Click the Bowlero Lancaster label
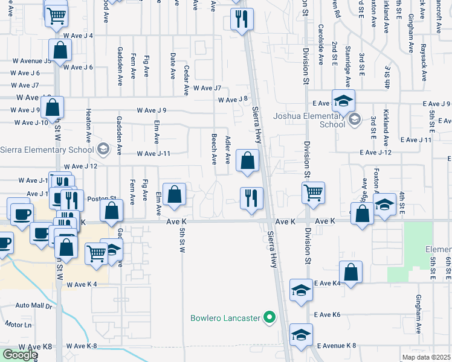[225, 317]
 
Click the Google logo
[20, 354]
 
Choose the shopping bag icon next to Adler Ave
[248, 160]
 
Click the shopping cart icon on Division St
[313, 193]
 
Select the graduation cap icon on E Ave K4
[301, 290]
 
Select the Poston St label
[102, 198]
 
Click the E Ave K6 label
[328, 315]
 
